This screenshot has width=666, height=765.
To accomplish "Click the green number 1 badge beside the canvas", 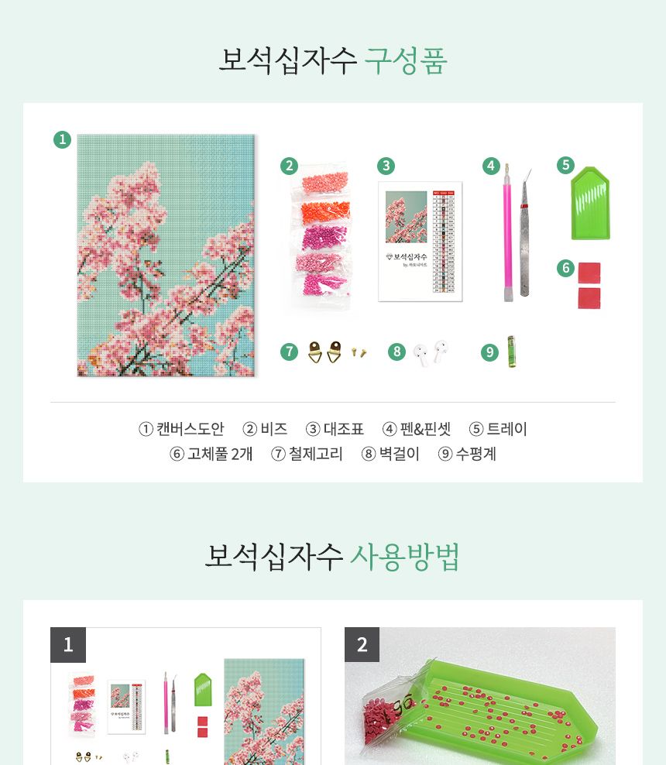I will [x=62, y=140].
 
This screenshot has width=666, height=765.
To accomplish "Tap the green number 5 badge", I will [x=565, y=165].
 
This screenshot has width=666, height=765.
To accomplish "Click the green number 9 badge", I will [x=489, y=352].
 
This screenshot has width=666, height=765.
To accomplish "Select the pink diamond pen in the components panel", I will [x=508, y=232].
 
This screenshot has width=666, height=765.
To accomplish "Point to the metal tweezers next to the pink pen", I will [x=526, y=232].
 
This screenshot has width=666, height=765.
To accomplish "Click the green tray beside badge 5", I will [x=591, y=203].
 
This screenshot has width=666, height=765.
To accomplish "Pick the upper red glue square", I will [x=589, y=273].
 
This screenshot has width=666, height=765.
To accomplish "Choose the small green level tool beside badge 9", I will [x=511, y=351].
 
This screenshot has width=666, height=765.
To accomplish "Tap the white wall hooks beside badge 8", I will [x=431, y=352].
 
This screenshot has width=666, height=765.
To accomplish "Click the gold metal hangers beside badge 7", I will [x=325, y=352].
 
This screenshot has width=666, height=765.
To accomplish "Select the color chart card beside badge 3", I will [x=420, y=241].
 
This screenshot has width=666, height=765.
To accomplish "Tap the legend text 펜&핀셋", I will [x=424, y=429].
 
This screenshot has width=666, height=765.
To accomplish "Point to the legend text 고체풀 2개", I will [x=220, y=454].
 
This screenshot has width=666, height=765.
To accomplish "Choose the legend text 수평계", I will [x=475, y=454].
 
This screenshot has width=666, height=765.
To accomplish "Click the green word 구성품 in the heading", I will [x=406, y=60].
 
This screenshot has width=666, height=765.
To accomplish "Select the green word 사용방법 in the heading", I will [x=405, y=556].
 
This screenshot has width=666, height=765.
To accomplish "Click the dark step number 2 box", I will [x=362, y=644].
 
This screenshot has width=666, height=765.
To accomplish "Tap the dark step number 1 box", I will [x=68, y=644].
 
